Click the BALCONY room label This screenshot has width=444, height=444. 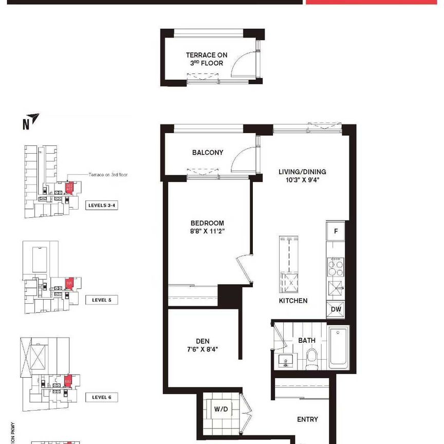point(208,153)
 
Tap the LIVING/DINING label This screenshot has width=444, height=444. point(303,172)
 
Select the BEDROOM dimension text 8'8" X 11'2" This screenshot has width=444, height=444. point(207,231)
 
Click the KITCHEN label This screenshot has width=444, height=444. point(293,301)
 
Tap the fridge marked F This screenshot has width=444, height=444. point(336,231)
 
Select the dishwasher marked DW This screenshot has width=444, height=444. point(336,309)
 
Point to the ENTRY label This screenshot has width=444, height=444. point(307,419)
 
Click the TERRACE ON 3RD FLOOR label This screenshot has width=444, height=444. point(207,59)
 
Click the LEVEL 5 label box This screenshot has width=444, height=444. point(101,300)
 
